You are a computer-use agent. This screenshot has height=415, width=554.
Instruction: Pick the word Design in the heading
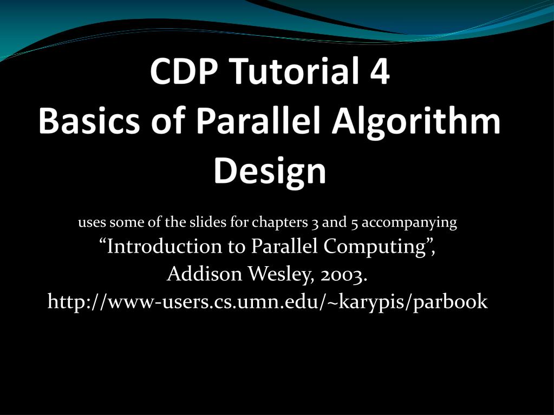coord(270,172)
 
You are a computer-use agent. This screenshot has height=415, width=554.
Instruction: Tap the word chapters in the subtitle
coord(279,223)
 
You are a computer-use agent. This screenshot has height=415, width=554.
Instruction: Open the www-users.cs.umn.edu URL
coord(268,302)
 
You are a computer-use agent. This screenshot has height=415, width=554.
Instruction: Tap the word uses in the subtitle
coord(92,223)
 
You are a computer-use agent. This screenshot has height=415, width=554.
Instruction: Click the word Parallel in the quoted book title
coord(284,247)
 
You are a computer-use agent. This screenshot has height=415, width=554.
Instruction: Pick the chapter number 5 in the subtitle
coord(356,223)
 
